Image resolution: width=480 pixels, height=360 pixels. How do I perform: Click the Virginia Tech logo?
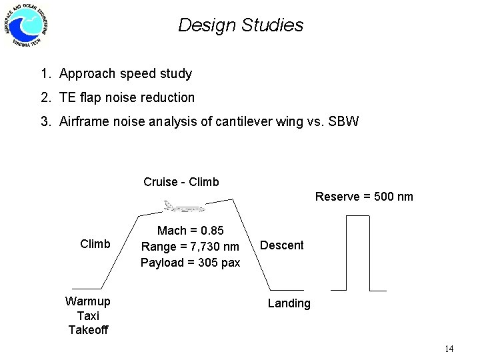[x=27, y=25]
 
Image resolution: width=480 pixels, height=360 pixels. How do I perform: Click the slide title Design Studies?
[x=241, y=25]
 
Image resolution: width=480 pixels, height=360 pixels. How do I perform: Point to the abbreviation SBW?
[x=345, y=121]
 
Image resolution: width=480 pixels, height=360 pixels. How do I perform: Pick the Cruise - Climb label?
[x=181, y=181]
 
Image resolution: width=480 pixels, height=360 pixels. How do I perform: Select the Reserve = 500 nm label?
[x=364, y=196]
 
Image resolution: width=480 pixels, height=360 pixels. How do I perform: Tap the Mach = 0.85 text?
[x=190, y=231]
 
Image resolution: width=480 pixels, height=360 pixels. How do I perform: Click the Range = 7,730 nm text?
[x=190, y=246]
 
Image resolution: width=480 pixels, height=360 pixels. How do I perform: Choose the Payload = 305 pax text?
[x=190, y=262]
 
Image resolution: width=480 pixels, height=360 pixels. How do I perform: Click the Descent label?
[x=281, y=245]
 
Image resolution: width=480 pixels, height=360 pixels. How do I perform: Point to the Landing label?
[x=289, y=303]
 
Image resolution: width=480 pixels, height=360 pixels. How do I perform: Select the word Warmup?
[x=88, y=301]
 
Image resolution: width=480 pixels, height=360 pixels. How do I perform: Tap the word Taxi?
[x=88, y=315]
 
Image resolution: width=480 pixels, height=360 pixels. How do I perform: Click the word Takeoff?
[x=88, y=330]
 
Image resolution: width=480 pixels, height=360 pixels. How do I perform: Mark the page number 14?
[x=448, y=349]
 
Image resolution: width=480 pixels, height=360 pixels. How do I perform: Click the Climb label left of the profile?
[x=95, y=244]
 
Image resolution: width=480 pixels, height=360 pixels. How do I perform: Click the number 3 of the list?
[x=44, y=121]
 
